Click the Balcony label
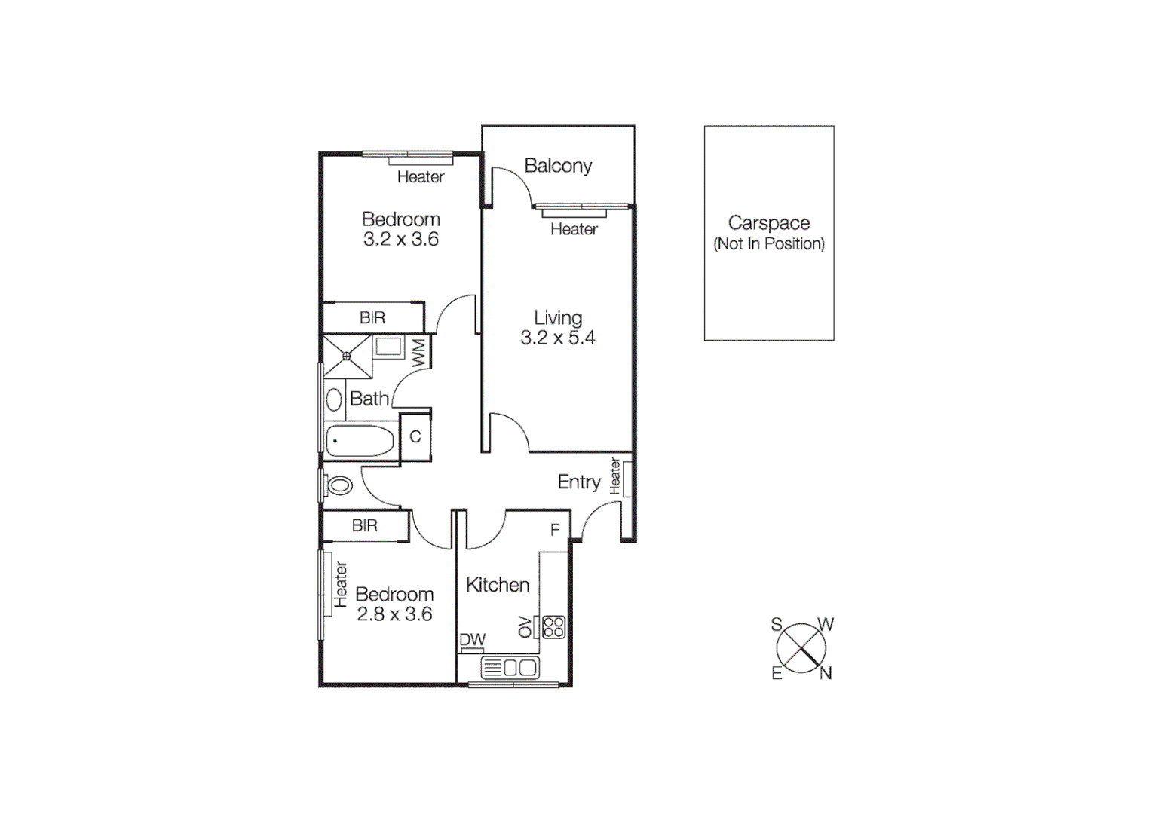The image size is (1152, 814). click(x=558, y=166)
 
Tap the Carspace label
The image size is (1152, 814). click(x=769, y=223)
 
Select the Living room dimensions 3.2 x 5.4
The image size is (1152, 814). click(x=558, y=338)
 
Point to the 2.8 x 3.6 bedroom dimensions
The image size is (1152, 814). click(x=394, y=614)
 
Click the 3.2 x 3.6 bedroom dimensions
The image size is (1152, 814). click(x=401, y=239)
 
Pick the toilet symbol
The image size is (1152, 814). click(x=339, y=485)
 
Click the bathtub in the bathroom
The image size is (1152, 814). click(x=360, y=441)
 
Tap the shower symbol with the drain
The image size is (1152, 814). click(x=348, y=356)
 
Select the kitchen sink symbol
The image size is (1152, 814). click(x=510, y=667)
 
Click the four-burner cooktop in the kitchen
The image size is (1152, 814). click(x=554, y=627)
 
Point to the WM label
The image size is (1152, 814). click(x=419, y=352)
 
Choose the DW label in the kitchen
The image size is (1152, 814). click(x=473, y=640)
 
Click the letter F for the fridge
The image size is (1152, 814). click(x=555, y=531)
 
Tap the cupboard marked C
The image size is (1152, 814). click(x=415, y=437)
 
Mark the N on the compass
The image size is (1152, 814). click(x=826, y=674)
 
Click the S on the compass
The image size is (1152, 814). click(x=777, y=624)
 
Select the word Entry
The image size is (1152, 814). click(x=579, y=482)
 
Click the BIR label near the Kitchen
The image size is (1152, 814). click(x=365, y=526)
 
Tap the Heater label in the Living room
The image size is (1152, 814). click(x=574, y=229)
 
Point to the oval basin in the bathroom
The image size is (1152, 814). click(x=334, y=399)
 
